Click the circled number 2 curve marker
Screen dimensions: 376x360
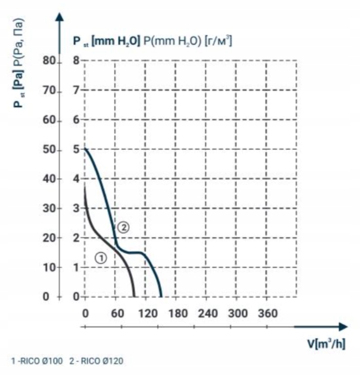click(123, 227)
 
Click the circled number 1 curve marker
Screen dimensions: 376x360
click(101, 258)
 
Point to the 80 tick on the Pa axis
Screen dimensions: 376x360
click(49, 61)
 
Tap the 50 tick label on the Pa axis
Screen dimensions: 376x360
click(49, 150)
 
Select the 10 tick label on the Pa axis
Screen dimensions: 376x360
click(49, 268)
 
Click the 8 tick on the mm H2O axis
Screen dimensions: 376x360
click(77, 61)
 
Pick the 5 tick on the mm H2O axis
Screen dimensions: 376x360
click(77, 150)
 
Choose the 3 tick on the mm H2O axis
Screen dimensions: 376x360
click(77, 209)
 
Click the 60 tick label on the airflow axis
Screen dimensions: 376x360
click(116, 314)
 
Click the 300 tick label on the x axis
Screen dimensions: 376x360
click(239, 314)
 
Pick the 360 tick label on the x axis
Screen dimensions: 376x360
click(269, 314)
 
